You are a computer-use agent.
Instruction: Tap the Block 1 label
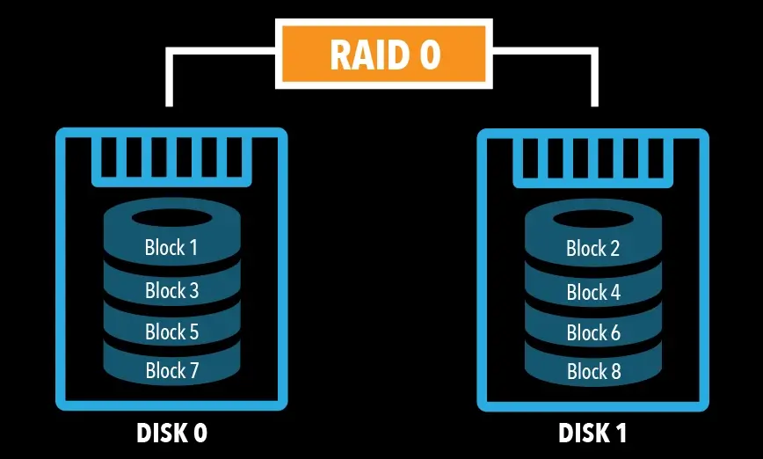171,248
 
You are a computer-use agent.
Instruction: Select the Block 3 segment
171,290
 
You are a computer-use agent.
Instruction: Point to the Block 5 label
171,332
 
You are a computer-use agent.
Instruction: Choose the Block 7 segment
171,371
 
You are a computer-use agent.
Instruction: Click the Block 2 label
593,249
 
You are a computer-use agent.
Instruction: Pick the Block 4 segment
593,292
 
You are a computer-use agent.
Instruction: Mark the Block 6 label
593,333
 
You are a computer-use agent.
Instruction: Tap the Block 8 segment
593,372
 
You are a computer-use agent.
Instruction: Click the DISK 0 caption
171,433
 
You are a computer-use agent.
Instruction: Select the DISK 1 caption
592,433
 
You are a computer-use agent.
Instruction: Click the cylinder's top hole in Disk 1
593,218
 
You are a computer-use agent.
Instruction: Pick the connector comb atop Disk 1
593,160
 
